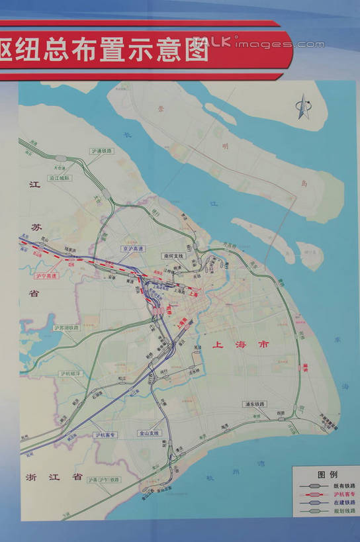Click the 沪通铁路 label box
point(101,151)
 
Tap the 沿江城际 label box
point(60,178)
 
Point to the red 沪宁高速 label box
point(48,275)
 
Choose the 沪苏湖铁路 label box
point(66,328)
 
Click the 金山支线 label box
point(150,433)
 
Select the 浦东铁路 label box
point(254,404)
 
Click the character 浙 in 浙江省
point(31,477)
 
